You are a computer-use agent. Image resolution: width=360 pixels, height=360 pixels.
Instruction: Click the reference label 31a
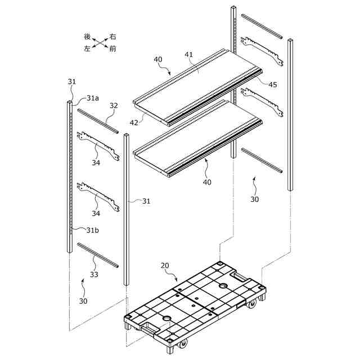pyautogui.click(x=93, y=98)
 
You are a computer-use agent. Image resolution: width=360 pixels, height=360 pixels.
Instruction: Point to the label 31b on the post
pyautogui.click(x=93, y=229)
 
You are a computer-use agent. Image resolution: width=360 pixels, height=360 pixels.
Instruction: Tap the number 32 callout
pyautogui.click(x=113, y=105)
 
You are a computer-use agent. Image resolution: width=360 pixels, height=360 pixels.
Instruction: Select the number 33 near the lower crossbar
pyautogui.click(x=93, y=275)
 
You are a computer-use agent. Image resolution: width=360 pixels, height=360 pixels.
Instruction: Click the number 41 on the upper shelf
pyautogui.click(x=188, y=55)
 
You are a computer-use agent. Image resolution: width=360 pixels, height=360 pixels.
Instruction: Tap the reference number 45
pyautogui.click(x=272, y=84)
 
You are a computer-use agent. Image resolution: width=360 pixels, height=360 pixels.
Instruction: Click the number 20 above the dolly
pyautogui.click(x=165, y=265)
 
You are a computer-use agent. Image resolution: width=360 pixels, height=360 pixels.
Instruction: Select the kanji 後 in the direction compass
pyautogui.click(x=87, y=36)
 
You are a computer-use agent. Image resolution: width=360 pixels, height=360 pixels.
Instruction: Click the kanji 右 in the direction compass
pyautogui.click(x=113, y=36)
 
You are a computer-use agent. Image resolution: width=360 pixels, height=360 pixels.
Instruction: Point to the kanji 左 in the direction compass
pyautogui.click(x=87, y=49)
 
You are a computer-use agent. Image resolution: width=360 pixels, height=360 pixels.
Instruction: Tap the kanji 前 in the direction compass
pyautogui.click(x=113, y=49)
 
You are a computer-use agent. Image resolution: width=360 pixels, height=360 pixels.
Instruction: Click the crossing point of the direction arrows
pyautogui.click(x=100, y=43)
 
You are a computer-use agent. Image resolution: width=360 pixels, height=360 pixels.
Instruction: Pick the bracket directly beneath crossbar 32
pyautogui.click(x=99, y=147)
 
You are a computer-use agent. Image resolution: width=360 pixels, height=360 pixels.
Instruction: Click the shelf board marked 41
pyautogui.click(x=197, y=79)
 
